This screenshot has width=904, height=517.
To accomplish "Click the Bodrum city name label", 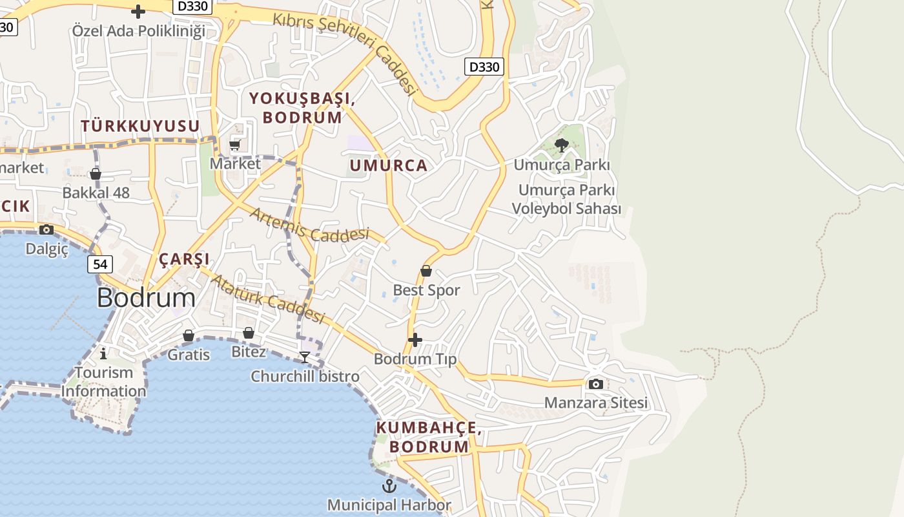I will point(146,298).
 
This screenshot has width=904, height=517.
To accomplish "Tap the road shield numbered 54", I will point(100,264).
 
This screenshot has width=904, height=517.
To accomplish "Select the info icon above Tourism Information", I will point(103,353).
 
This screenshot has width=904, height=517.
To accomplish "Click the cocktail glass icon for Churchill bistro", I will point(305,357).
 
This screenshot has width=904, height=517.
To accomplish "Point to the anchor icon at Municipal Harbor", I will point(389,485).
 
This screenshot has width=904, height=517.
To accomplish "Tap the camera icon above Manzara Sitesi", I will point(596,384).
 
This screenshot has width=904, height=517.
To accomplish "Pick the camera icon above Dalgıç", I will point(46,229).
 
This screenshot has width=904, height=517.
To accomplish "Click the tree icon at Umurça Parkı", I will point(562,145).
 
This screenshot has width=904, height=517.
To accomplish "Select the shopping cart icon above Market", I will point(235,145).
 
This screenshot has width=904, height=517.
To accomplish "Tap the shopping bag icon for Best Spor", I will point(426,271).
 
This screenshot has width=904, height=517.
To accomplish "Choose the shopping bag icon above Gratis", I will point(189,335).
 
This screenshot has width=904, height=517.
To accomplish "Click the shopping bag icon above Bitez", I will point(249,333).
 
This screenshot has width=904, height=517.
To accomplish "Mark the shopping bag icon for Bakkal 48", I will point(96,174).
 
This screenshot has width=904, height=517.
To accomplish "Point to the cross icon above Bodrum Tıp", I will point(415,339).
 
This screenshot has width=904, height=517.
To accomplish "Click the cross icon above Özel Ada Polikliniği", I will point(138,12).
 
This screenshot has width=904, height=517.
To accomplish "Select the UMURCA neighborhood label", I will point(389,165).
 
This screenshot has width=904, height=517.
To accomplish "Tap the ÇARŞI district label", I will point(184,260).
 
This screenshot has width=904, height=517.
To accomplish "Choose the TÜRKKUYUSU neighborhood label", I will point(140,126).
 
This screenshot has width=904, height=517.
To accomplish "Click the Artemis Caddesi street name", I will point(309,226).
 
